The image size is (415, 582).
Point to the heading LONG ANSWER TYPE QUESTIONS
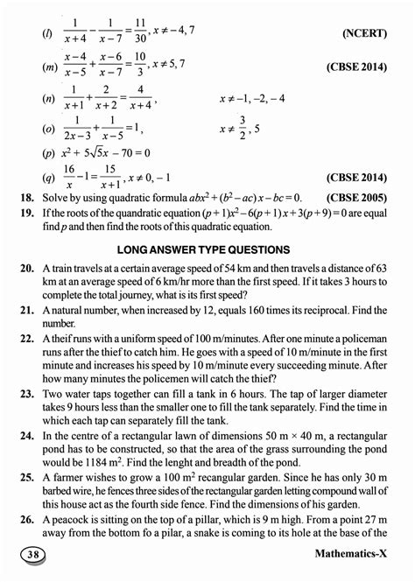[204, 249]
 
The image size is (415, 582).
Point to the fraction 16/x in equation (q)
[69, 175]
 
